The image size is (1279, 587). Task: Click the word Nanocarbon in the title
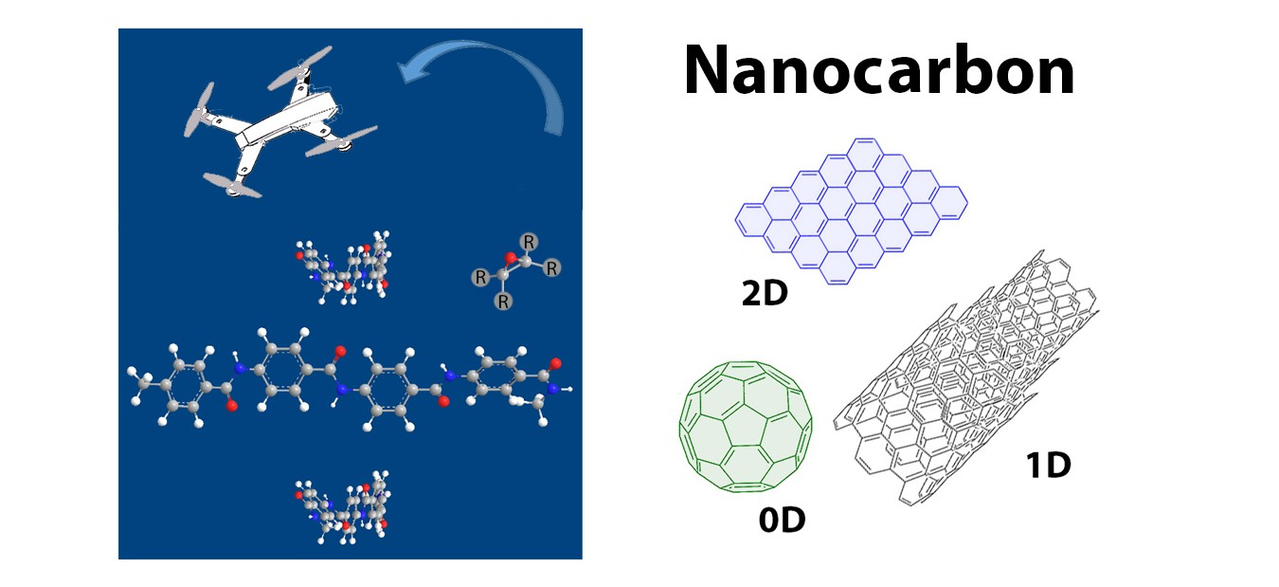[878, 71]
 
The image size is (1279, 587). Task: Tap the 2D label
[766, 296]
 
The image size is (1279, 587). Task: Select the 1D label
[1048, 465]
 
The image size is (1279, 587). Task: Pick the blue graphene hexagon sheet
[851, 211]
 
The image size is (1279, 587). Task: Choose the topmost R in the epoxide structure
[528, 241]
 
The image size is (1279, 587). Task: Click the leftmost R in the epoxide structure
[481, 278]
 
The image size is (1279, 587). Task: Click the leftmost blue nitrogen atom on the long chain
[241, 368]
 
